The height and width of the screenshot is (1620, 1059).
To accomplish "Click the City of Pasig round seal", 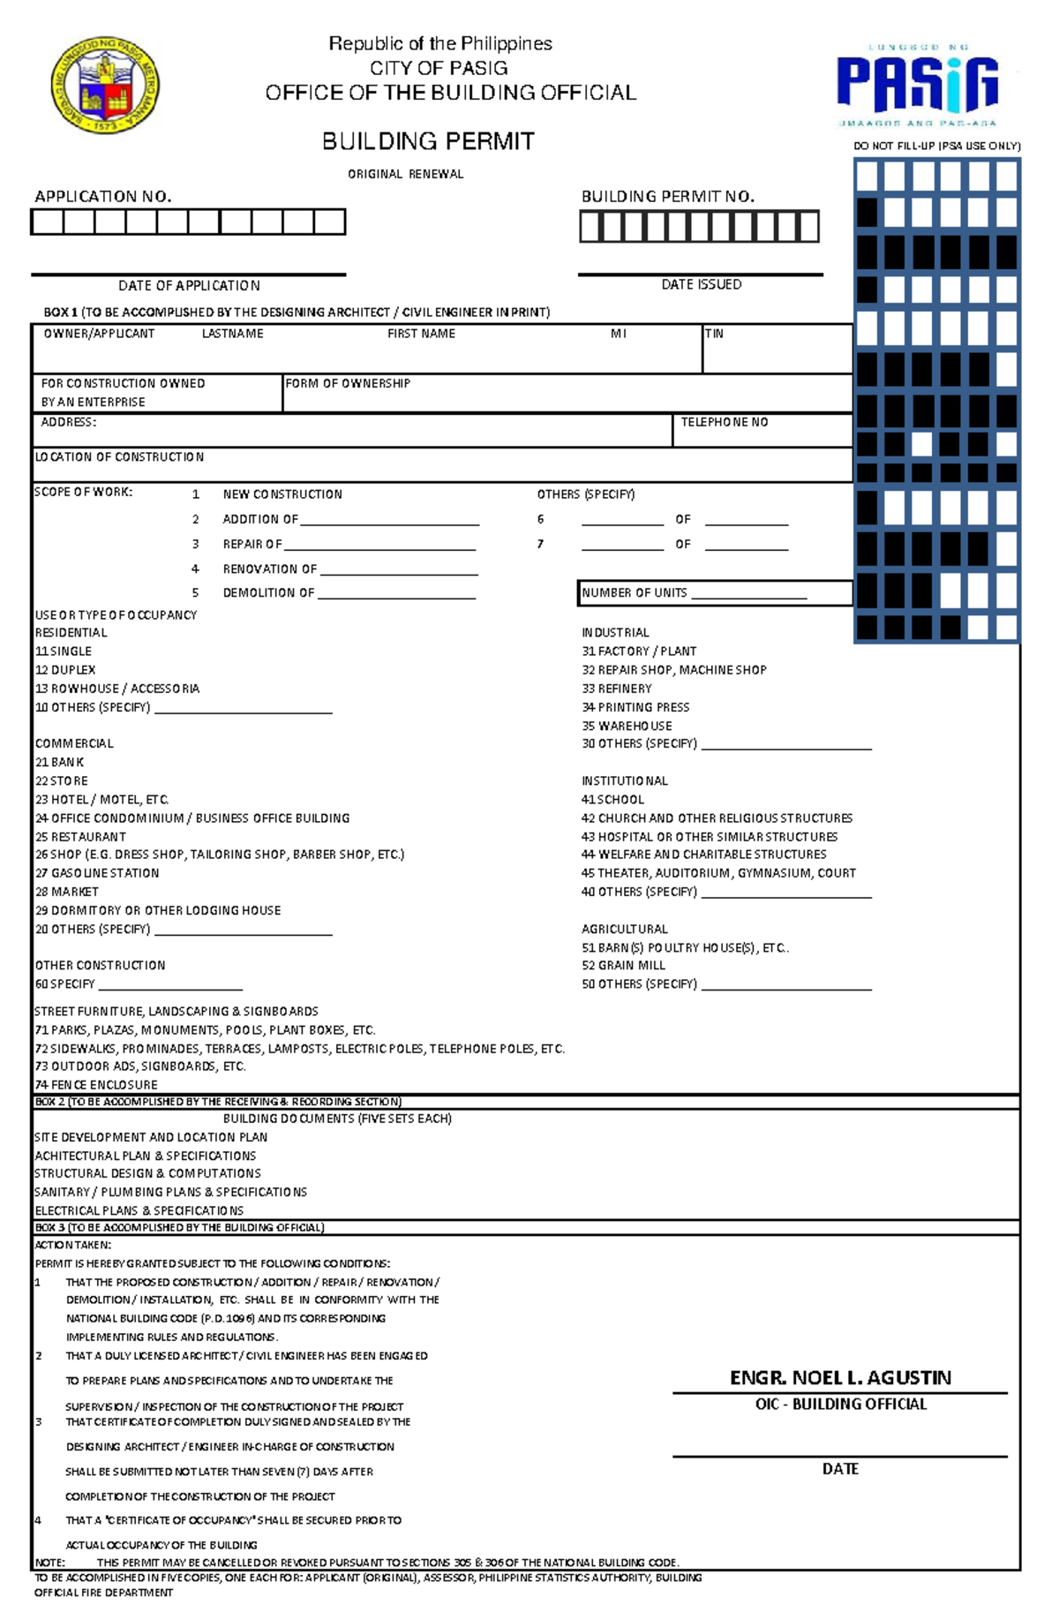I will [105, 87].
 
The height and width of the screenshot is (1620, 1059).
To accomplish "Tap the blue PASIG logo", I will [917, 85].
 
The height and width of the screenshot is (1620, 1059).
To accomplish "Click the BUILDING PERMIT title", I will [428, 141].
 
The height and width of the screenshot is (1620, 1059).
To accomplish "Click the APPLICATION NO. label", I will [102, 196].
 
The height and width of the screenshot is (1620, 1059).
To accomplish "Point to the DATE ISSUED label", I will [701, 284].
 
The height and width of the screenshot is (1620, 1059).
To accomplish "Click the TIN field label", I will [714, 334].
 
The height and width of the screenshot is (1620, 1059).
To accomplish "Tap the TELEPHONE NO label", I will [724, 422].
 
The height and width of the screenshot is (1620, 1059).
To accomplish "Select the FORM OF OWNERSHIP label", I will [348, 383].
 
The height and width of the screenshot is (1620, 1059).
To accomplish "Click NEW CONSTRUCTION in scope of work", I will [282, 494].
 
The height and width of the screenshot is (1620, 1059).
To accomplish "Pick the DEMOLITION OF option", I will [268, 592].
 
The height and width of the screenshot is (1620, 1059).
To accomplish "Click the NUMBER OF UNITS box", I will [715, 592].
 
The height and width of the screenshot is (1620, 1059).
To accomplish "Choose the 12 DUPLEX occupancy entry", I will [65, 670].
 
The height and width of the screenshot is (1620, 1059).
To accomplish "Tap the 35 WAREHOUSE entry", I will [627, 726].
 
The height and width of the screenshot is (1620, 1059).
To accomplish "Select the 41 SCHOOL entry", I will [612, 799].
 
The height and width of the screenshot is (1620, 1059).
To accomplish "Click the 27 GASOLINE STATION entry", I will [97, 873].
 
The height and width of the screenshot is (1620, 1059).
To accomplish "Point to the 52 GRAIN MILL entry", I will [623, 965].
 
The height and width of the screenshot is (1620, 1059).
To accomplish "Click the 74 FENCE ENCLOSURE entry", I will [95, 1084].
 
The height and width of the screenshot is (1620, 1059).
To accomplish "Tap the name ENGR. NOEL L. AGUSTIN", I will [840, 1377].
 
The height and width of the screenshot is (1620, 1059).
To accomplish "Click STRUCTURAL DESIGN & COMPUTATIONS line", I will [147, 1173].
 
